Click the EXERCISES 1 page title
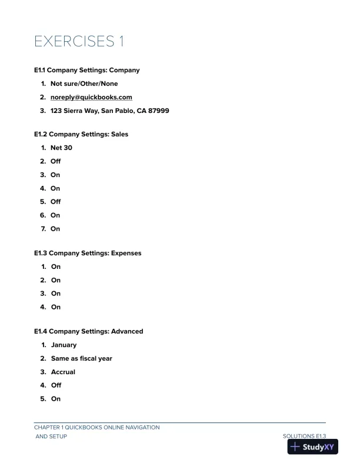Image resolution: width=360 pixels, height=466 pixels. coord(79,42)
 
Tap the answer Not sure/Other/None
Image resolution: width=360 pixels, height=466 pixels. coord(84,84)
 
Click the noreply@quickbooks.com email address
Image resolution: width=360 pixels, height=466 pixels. coord(91,97)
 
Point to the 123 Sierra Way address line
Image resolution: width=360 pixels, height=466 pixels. coord(109,111)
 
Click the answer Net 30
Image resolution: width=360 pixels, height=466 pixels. coord(61,148)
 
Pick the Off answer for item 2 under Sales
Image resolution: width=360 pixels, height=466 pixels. coord(55,161)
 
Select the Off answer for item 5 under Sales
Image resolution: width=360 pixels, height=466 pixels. coord(55,202)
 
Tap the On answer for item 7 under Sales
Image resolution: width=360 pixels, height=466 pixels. coord(55,229)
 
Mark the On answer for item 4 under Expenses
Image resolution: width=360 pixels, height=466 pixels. coord(55,307)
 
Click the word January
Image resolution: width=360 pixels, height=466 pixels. coord(64,345)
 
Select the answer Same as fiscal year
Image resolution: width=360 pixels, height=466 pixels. coord(81,358)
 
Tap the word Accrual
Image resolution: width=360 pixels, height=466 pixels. coord(63,372)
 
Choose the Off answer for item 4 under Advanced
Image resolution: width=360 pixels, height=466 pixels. coord(56,385)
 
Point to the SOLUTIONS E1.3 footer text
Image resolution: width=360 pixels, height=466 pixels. coord(304,436)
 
